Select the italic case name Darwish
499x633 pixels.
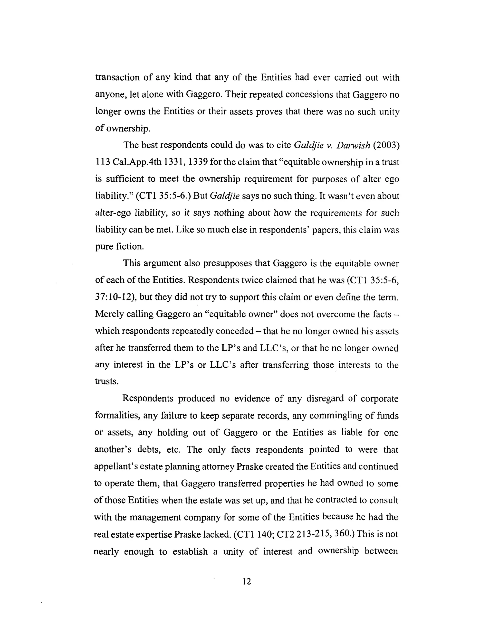[x=353, y=145]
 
